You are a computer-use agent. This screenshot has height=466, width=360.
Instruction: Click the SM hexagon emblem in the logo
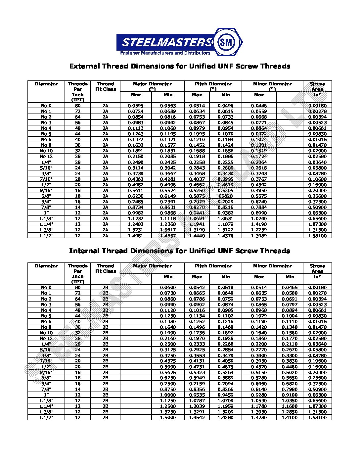coord(228,42)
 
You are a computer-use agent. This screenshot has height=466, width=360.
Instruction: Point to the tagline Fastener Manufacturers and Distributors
coord(165,53)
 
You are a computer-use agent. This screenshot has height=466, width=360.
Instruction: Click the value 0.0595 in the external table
coord(136,106)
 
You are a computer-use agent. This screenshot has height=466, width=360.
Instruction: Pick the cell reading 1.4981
coord(136,236)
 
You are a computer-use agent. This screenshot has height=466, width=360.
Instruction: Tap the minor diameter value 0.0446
coord(259,106)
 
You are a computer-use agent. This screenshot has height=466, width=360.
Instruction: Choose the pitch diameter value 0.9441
coord(197,213)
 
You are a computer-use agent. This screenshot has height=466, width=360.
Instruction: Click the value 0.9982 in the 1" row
coord(136,213)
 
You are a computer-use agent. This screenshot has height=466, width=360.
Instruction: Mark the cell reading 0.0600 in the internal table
coord(168,288)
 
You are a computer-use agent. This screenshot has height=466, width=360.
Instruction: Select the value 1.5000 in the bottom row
coord(168,418)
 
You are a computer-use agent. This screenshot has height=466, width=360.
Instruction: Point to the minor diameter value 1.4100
coord(290,418)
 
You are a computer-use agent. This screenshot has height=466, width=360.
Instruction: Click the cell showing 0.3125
coord(168,350)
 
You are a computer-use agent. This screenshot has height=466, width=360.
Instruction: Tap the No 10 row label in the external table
coord(46,151)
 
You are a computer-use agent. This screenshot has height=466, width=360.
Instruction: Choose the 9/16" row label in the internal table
coord(46,372)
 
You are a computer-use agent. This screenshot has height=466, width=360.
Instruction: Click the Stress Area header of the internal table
coord(317,268)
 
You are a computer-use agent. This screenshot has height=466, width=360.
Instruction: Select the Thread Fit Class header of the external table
coord(106,87)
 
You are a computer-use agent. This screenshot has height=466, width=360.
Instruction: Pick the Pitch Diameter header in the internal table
coord(213,266)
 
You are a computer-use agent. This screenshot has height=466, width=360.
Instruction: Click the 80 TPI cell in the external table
coord(77,106)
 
